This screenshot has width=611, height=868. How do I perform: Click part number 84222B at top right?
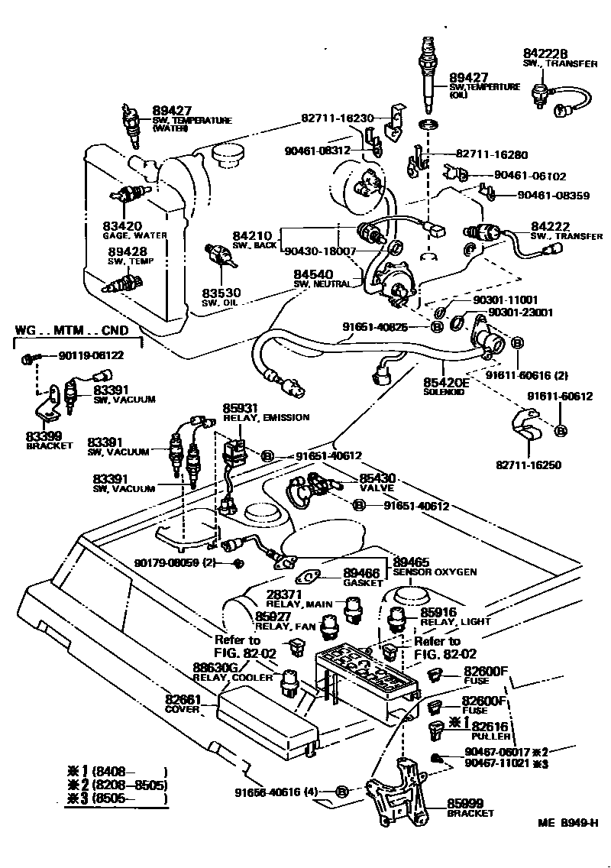point(546,53)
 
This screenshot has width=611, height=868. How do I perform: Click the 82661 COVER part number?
point(184,698)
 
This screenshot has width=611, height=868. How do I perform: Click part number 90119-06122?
point(91,355)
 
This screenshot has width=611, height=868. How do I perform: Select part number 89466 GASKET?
point(361,572)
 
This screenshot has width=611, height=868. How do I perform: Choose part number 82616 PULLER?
point(490,727)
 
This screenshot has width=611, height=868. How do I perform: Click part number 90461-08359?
point(553,196)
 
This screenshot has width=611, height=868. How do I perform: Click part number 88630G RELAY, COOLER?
point(222,667)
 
